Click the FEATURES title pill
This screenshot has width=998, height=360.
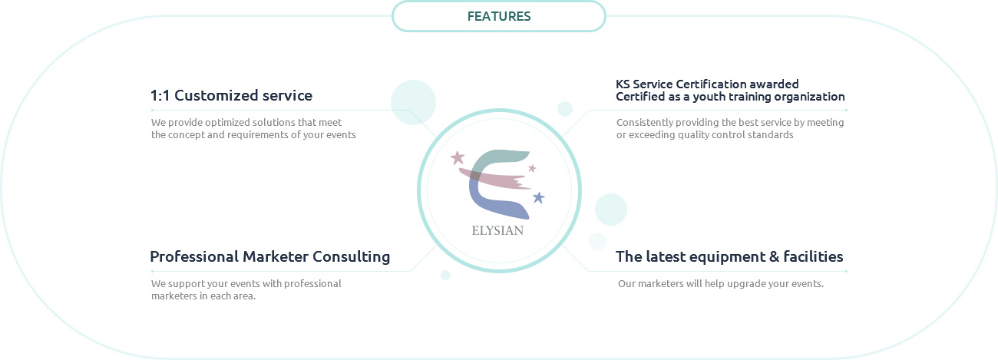click(498, 16)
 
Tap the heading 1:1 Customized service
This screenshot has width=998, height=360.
click(231, 95)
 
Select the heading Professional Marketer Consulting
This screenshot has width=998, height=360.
click(270, 257)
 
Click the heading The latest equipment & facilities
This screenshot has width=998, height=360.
click(729, 256)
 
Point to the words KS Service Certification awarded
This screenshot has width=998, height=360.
click(707, 84)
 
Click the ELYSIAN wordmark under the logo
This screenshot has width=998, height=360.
click(497, 230)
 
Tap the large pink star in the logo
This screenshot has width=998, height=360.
click(458, 157)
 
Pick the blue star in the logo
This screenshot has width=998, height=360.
click(539, 197)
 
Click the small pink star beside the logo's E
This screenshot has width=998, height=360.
click(532, 168)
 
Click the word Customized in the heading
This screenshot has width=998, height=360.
click(216, 95)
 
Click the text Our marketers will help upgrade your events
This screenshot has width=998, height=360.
click(720, 283)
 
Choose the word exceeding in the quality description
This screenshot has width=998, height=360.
click(651, 134)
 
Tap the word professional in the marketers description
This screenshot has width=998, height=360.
click(312, 283)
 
